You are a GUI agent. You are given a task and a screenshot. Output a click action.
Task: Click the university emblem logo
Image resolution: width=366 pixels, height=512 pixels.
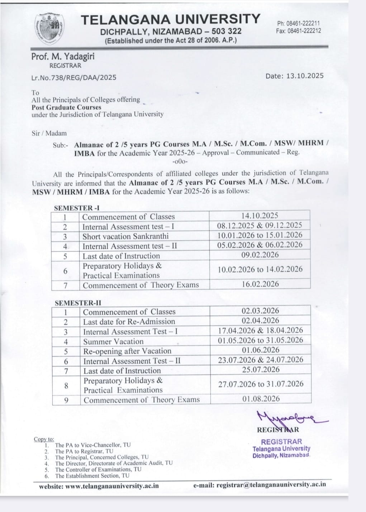point(50,29)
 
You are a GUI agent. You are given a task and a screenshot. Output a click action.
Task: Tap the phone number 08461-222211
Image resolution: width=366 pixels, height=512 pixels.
point(298,24)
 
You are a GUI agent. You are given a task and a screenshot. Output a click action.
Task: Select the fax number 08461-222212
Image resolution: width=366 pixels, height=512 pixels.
point(298,31)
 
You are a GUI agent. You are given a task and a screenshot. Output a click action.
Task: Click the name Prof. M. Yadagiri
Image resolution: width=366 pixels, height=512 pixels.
point(63,57)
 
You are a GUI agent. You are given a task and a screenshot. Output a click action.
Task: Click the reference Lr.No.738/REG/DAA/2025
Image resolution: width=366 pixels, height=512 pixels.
point(74,77)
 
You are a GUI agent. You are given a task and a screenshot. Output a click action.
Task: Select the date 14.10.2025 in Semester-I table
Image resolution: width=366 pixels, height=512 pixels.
point(260,215)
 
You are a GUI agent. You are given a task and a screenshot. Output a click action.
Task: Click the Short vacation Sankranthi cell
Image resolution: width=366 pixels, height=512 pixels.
point(125,236)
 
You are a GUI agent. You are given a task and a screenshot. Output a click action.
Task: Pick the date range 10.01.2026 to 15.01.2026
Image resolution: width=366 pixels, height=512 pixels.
point(260,235)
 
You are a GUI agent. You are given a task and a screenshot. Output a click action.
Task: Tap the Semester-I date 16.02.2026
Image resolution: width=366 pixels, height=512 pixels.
point(260,284)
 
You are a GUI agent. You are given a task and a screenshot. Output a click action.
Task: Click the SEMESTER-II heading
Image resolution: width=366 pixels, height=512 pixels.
point(78,303)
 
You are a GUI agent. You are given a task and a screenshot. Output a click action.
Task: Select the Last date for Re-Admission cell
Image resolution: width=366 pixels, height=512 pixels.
point(129,322)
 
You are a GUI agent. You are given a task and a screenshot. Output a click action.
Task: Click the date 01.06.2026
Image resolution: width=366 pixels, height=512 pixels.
point(260,350)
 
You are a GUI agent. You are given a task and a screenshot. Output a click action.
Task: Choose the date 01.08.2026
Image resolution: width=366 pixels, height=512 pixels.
point(261,399)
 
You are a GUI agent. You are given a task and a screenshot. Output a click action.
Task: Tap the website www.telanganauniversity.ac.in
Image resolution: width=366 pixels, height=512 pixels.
point(99,486)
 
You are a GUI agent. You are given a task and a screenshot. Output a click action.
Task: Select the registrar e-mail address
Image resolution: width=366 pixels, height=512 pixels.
point(260,484)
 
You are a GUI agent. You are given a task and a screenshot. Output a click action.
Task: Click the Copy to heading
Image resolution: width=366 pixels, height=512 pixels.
point(44,439)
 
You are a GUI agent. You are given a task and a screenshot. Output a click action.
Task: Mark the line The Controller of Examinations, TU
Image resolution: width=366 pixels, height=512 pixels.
point(98,469)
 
